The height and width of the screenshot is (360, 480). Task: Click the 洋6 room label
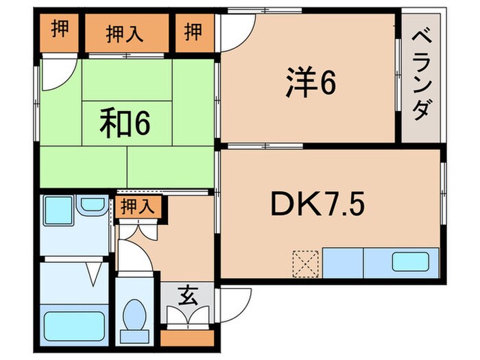[311, 82]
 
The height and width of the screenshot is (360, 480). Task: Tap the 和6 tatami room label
[125, 123]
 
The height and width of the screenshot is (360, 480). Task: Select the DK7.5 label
[317, 203]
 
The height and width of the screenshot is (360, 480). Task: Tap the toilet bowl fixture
[134, 315]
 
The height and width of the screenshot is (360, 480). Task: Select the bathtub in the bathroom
[74, 326]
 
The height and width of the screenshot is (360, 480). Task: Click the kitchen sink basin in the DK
[411, 261]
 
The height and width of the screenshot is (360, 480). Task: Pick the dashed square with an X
[306, 263]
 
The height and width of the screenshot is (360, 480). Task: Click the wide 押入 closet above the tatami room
[127, 33]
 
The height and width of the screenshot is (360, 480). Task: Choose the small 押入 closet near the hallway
[139, 207]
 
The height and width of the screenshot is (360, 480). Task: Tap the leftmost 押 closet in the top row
[59, 33]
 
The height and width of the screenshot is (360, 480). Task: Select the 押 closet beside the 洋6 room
[195, 33]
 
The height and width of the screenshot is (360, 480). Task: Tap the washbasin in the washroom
[93, 204]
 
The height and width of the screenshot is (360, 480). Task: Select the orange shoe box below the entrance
[187, 338]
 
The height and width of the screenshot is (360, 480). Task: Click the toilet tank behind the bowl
[134, 337]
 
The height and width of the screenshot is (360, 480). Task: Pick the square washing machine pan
[58, 211]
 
